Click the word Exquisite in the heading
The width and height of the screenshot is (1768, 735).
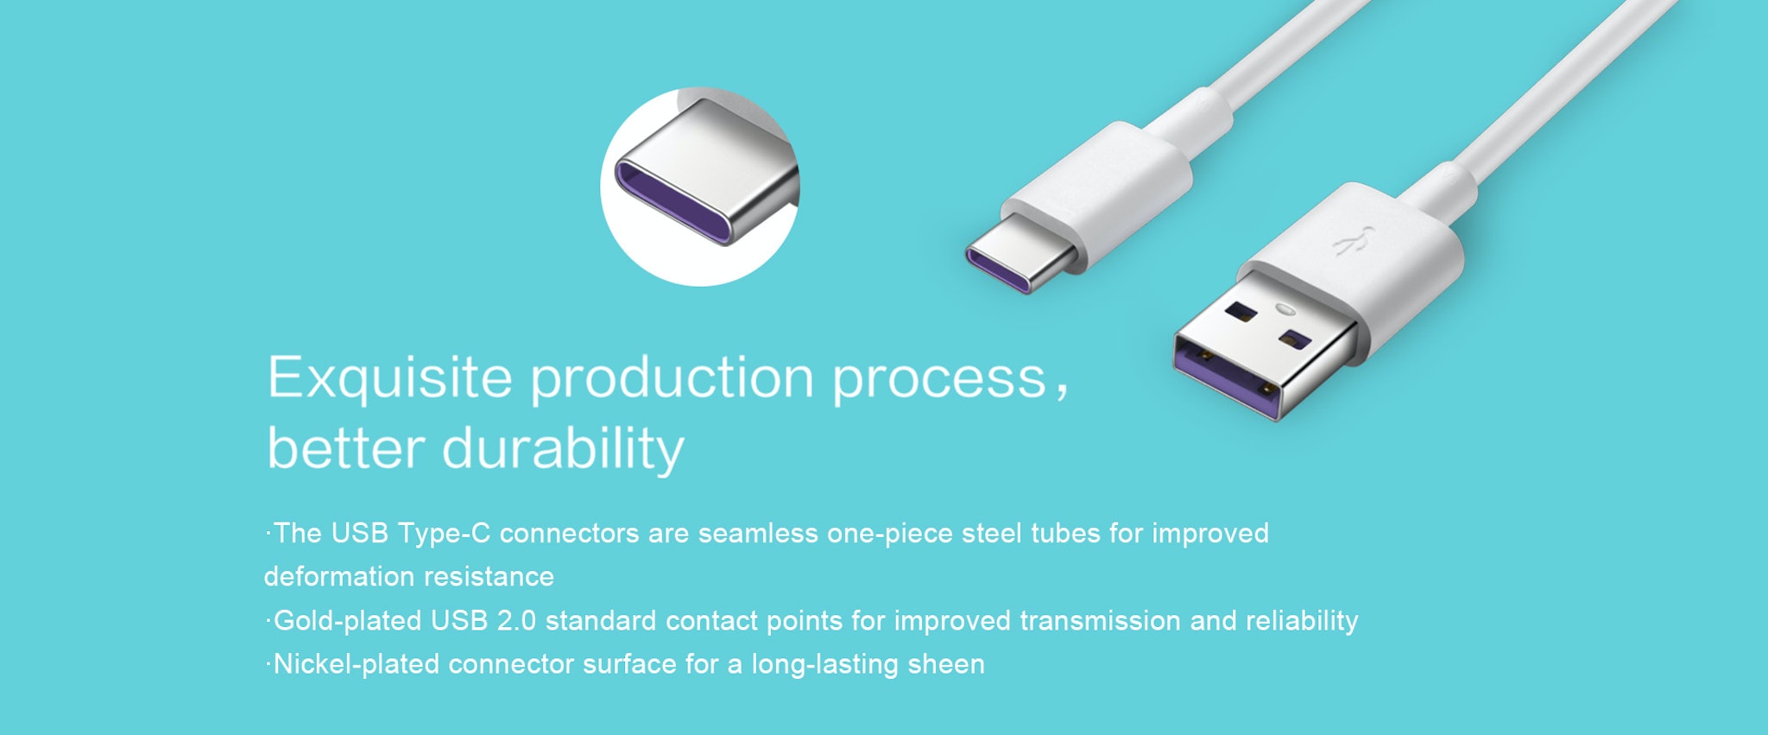point(389,377)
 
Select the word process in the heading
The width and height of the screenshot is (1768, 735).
point(939,381)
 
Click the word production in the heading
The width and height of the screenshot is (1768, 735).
point(672,378)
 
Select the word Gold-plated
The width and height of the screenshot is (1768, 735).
point(347,622)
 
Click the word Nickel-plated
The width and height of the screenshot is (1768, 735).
point(357,665)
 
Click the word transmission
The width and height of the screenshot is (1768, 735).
point(1100,621)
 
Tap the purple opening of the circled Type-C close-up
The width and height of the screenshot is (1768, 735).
point(671,201)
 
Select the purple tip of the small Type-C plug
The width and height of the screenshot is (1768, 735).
point(997,269)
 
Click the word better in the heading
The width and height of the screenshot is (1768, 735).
point(345,449)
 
